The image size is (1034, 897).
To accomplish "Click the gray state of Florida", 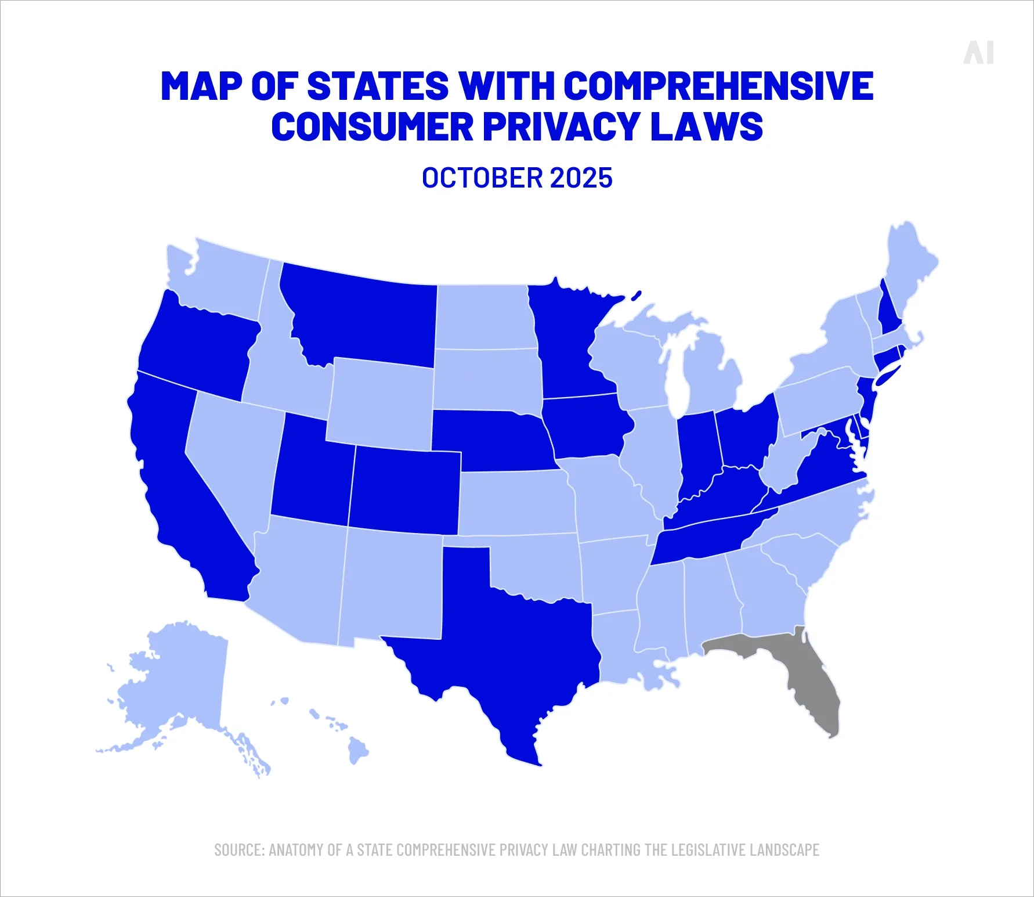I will point(812,679).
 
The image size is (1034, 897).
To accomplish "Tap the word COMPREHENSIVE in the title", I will point(718,86).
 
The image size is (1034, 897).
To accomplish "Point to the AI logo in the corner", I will point(978,53).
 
